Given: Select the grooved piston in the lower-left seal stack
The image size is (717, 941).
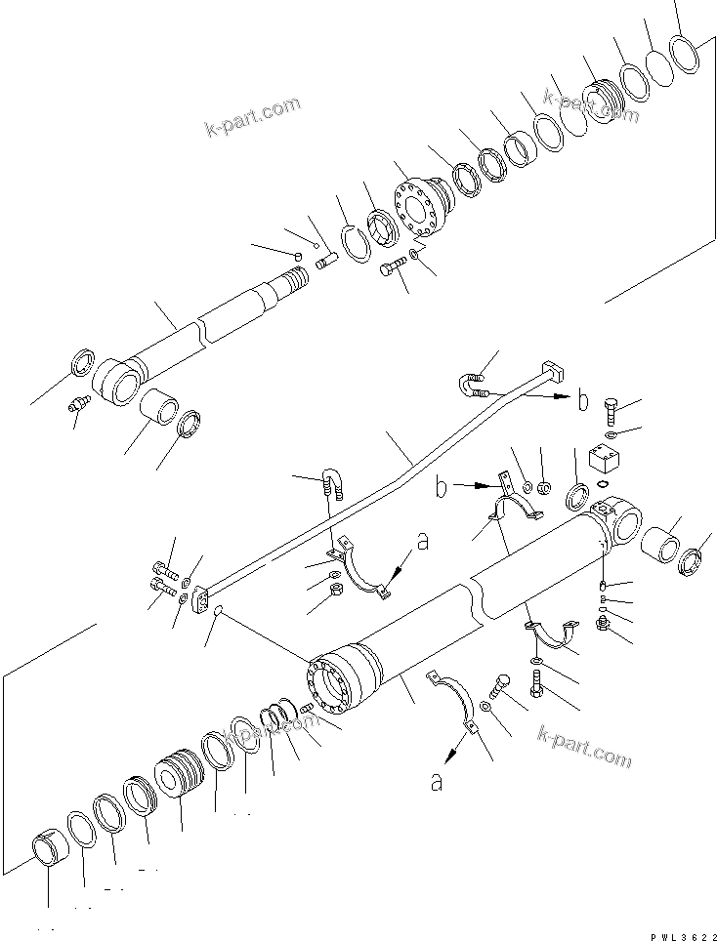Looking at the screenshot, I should [183, 772].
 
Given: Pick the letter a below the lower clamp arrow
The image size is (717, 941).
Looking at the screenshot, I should [437, 783].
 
